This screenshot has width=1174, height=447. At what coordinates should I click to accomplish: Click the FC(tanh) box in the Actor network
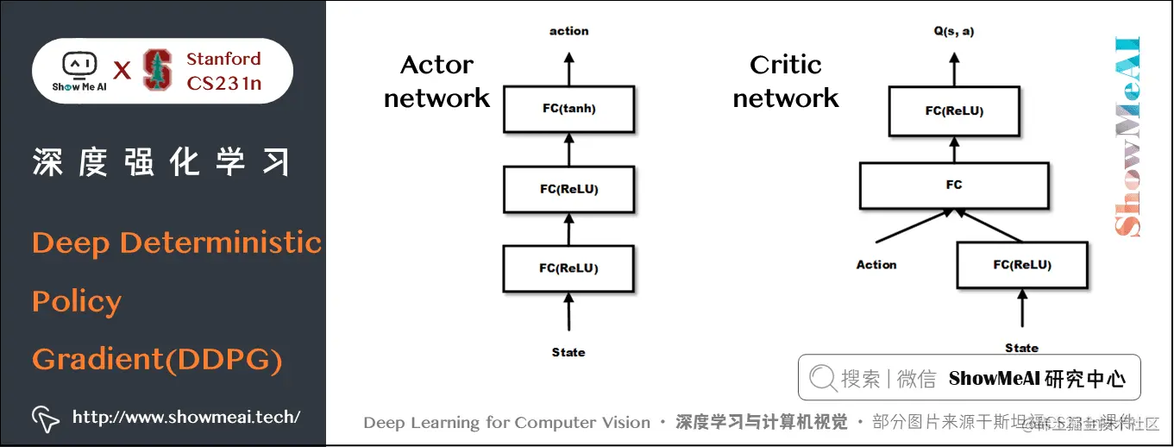568,110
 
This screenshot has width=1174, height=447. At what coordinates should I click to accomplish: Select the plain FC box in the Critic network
953,185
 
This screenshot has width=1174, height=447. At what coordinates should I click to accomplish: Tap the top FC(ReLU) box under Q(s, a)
953,111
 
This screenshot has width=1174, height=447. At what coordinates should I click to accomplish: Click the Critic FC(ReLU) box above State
1022,265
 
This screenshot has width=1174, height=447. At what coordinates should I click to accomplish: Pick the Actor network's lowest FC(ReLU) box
568,268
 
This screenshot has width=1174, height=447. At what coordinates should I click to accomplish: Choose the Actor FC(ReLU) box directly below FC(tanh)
568,189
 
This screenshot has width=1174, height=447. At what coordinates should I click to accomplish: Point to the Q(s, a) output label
954,32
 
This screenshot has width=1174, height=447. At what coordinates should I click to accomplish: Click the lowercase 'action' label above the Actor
568,31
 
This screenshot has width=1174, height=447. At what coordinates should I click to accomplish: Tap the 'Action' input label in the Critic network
876,265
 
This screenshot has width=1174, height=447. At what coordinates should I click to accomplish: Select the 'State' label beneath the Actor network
568,352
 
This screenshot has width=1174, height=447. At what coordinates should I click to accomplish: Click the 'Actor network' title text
436,82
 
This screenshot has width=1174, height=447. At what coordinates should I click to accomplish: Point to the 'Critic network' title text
785,82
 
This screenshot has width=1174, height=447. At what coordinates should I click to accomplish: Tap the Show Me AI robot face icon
79,65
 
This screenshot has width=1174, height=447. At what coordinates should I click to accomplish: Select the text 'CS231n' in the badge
223,83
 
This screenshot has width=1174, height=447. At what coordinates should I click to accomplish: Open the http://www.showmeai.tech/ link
185,418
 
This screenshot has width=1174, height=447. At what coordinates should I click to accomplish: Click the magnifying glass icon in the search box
823,378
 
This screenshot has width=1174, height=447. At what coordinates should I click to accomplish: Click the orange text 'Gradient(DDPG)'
157,359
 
